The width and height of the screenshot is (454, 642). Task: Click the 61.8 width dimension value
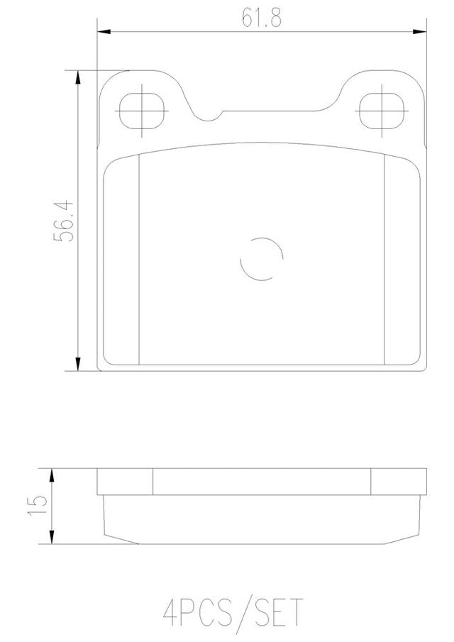[x=261, y=17]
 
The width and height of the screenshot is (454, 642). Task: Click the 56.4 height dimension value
[x=63, y=221]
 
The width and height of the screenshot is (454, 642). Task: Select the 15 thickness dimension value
[x=38, y=506]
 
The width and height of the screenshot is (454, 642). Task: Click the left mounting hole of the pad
[x=142, y=111]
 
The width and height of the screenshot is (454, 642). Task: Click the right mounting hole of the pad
[x=382, y=111]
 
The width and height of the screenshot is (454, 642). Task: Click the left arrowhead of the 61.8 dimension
[x=104, y=31]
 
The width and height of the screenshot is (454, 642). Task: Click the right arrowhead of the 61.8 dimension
[x=419, y=31]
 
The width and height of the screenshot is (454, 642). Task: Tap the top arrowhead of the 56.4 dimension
[x=78, y=78]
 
